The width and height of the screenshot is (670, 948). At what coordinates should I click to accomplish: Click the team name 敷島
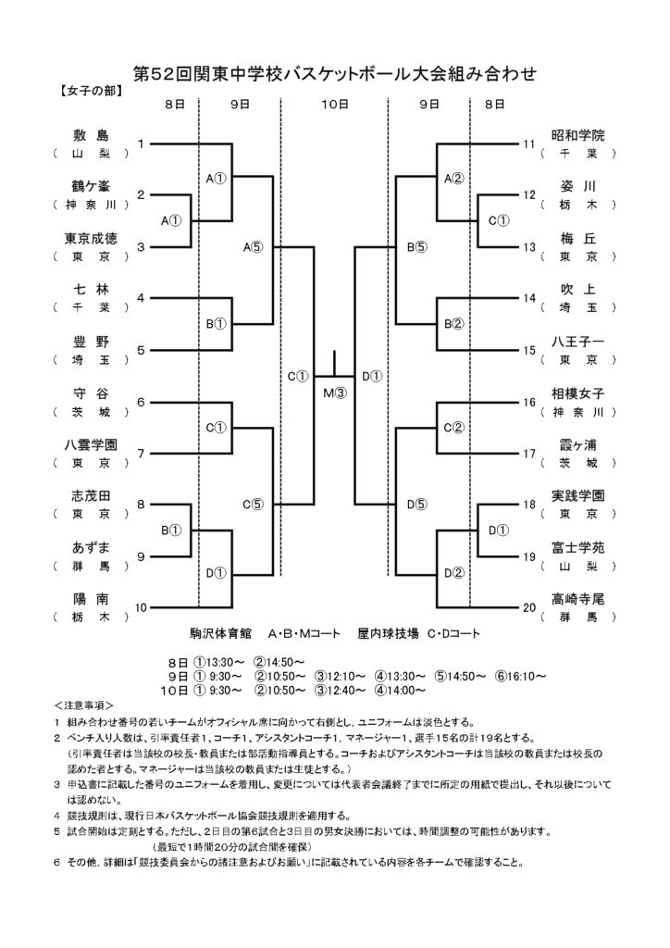pyautogui.click(x=91, y=135)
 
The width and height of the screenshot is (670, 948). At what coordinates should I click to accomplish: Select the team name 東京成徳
pyautogui.click(x=91, y=238)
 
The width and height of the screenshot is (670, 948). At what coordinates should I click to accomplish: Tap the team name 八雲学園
pyautogui.click(x=91, y=445)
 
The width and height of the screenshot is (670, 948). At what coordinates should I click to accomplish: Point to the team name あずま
pyautogui.click(x=91, y=548)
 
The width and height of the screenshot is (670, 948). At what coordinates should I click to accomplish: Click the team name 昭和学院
pyautogui.click(x=577, y=135)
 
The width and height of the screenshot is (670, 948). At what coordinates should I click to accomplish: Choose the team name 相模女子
pyautogui.click(x=577, y=393)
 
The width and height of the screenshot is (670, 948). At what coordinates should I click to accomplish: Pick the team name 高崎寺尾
pyautogui.click(x=577, y=599)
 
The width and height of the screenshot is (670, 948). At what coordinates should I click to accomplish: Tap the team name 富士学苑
pyautogui.click(x=577, y=548)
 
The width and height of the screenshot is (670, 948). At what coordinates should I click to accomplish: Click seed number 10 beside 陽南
pyautogui.click(x=140, y=607)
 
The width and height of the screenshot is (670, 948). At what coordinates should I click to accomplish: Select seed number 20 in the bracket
pyautogui.click(x=529, y=607)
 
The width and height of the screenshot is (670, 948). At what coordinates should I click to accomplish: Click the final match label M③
pyautogui.click(x=334, y=393)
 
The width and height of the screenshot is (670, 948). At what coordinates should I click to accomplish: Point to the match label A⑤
pyautogui.click(x=254, y=246)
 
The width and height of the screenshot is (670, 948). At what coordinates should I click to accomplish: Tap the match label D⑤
pyautogui.click(x=416, y=504)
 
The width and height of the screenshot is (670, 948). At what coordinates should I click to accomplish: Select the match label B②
pyautogui.click(x=453, y=324)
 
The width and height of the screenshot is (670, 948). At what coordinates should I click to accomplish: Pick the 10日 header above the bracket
pyautogui.click(x=334, y=105)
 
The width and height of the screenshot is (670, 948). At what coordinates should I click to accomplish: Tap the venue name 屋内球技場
pyautogui.click(x=388, y=633)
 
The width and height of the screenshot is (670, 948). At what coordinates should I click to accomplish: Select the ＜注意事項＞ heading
pyautogui.click(x=83, y=705)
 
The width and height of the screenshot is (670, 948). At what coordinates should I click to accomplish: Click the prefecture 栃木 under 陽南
pyautogui.click(x=91, y=617)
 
